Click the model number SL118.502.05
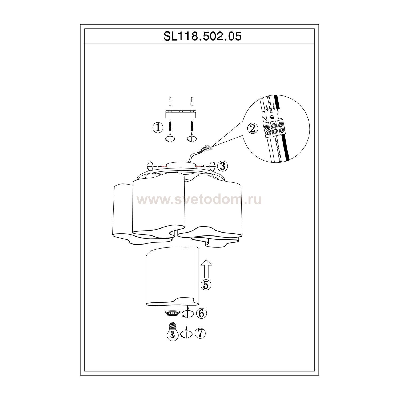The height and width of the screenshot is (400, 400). (x=202, y=36)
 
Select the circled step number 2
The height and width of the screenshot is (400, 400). (x=253, y=129)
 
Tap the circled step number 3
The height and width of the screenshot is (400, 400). (x=222, y=166)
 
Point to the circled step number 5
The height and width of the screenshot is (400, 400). (x=206, y=285)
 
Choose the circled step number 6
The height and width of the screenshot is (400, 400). (x=201, y=314)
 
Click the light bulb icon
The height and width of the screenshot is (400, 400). (x=173, y=332)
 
